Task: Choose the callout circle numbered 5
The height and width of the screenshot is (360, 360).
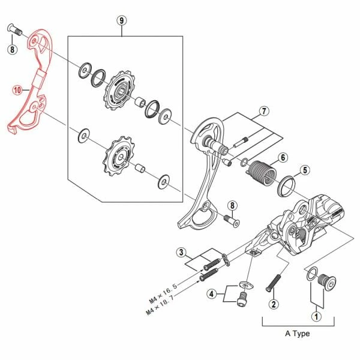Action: (305, 170)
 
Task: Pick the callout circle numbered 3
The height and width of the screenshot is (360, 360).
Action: (181, 252)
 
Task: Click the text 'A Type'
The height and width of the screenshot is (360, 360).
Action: (297, 334)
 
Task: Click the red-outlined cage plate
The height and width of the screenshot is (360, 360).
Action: (33, 84)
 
